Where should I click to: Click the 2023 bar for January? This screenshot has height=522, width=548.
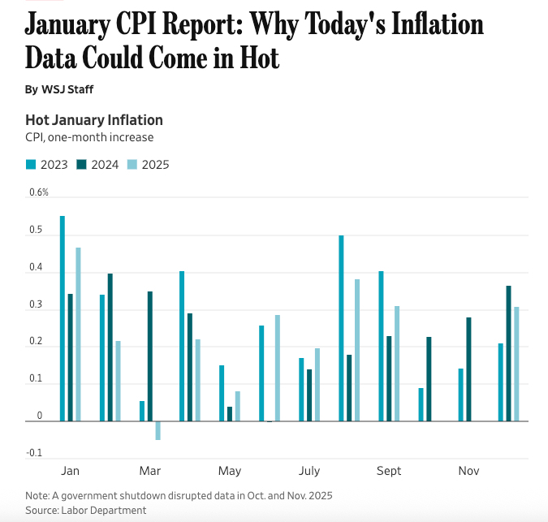(x=63, y=318)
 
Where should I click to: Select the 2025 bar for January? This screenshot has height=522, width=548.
(x=78, y=334)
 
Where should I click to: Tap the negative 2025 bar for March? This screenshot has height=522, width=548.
(x=158, y=430)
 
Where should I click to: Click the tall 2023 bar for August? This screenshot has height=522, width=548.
(x=341, y=328)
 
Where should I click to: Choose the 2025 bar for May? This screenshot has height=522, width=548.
(x=238, y=406)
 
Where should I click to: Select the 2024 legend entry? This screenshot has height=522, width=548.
(x=97, y=165)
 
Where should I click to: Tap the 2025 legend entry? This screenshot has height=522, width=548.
(x=149, y=165)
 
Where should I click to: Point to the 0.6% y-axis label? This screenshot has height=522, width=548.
(x=39, y=192)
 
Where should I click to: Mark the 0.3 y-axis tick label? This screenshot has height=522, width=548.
(x=36, y=304)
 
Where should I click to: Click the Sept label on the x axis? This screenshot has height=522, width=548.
(x=389, y=471)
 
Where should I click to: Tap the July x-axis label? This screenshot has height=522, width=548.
(x=309, y=471)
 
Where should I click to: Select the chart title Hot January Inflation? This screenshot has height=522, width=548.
(x=94, y=120)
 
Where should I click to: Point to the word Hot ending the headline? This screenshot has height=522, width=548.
(x=257, y=57)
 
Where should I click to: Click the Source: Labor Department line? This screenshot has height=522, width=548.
(x=86, y=510)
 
